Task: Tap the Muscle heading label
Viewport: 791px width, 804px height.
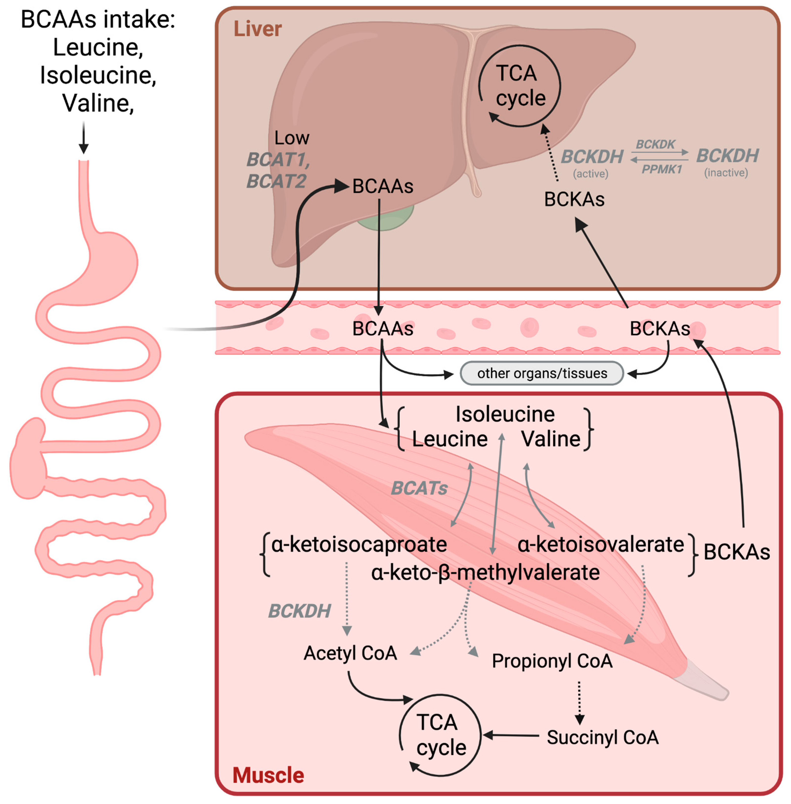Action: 268,775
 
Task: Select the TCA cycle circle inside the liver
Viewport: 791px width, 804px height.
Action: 519,86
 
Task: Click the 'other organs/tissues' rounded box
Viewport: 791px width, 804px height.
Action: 542,373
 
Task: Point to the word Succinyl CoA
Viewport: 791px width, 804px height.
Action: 602,737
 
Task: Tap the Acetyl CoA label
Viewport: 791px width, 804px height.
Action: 350,653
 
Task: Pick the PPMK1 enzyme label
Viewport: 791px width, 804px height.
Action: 661,169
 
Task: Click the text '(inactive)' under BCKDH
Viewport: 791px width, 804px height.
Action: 726,173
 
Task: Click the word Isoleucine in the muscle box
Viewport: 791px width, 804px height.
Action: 505,414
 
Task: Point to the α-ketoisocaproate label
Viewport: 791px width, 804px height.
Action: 359,544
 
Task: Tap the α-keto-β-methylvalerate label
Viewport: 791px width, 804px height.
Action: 485,573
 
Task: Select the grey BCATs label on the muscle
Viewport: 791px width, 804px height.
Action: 419,488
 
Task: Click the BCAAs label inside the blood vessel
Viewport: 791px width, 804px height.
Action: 383,329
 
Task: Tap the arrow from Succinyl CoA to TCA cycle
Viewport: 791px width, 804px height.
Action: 511,736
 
